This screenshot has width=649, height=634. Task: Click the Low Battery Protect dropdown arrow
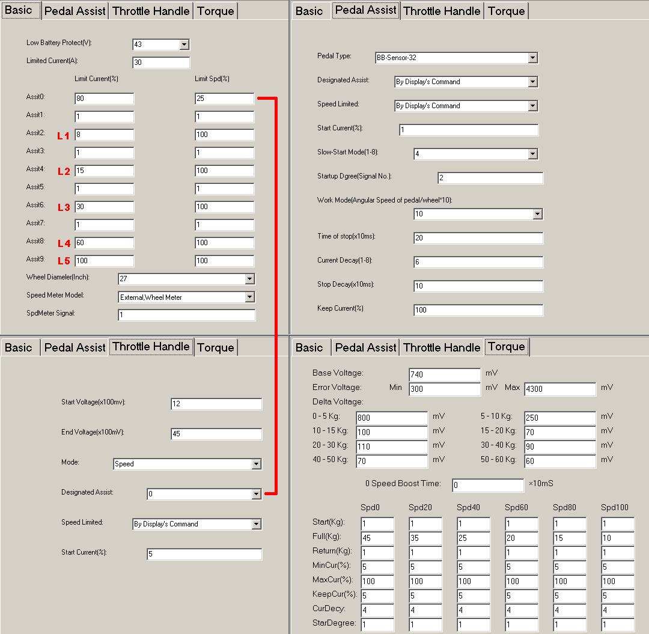tap(184, 44)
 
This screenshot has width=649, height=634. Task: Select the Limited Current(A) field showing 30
tap(160, 62)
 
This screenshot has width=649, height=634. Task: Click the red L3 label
tap(64, 207)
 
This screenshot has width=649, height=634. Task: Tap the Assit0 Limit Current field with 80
tap(104, 99)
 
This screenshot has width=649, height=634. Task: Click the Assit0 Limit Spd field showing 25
tap(224, 99)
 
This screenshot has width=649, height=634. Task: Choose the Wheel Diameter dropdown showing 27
tap(186, 279)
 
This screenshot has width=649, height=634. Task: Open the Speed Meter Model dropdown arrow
tap(249, 297)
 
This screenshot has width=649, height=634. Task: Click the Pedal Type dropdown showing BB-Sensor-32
tap(456, 58)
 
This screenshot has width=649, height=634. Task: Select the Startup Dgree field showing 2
tap(490, 178)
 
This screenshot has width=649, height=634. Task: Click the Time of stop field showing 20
tap(478, 238)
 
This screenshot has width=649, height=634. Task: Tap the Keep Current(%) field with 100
tap(478, 310)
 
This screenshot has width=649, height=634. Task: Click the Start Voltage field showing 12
tap(216, 404)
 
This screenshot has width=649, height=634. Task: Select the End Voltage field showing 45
tap(216, 434)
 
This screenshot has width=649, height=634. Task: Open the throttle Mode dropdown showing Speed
tap(187, 464)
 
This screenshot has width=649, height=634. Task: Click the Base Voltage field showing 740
tap(444, 374)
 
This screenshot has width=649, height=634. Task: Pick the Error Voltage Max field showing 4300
tap(559, 389)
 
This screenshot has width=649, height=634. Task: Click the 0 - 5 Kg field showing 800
tap(391, 418)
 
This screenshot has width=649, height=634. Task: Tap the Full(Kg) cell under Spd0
tap(377, 538)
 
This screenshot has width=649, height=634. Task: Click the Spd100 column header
tap(615, 507)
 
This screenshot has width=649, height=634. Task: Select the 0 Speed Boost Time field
tap(487, 485)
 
